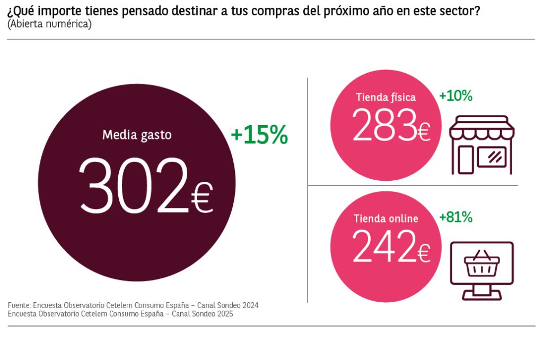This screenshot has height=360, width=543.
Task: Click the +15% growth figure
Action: pyautogui.click(x=259, y=136)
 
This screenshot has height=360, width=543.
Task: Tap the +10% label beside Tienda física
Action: pyautogui.click(x=456, y=96)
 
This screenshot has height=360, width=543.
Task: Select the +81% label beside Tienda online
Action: pyautogui.click(x=456, y=217)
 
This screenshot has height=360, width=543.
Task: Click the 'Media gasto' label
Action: pyautogui.click(x=137, y=135)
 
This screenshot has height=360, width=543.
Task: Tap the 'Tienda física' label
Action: pyautogui.click(x=386, y=97)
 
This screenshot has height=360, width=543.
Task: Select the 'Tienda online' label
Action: pyautogui.click(x=386, y=218)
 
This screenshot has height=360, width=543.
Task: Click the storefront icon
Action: pyautogui.click(x=481, y=145)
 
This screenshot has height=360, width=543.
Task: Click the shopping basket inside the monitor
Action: pyautogui.click(x=481, y=264)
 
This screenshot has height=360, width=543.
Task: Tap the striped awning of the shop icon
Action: pyautogui.click(x=481, y=129)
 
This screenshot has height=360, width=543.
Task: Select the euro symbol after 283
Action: pyautogui.click(x=423, y=132)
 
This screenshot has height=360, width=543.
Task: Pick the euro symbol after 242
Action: pyautogui.click(x=423, y=253)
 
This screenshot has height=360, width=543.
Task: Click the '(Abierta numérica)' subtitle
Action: pyautogui.click(x=49, y=24)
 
